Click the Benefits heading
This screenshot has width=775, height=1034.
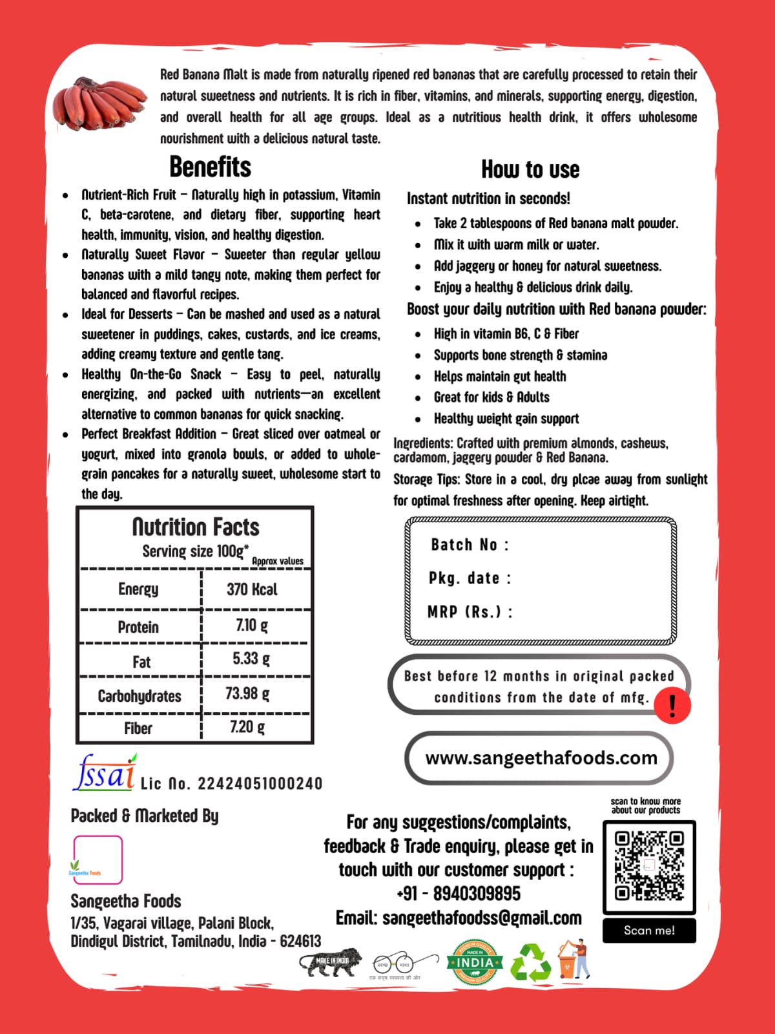[x=210, y=167]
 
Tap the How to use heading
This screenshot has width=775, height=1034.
[x=530, y=170]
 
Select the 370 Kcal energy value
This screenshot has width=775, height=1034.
[x=252, y=589]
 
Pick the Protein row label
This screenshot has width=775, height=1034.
[x=138, y=627]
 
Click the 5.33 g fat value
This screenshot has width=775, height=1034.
[x=251, y=659]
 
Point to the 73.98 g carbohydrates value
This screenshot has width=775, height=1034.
[x=247, y=693]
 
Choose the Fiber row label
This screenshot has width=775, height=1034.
[x=138, y=728]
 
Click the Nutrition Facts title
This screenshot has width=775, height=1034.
[x=196, y=527]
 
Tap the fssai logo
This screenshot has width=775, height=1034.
[x=105, y=773]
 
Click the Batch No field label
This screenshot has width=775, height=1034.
[x=470, y=545]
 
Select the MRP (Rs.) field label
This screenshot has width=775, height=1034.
[x=470, y=611]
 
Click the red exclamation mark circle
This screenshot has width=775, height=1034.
[x=672, y=705]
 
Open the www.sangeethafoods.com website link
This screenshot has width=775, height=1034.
[x=541, y=757]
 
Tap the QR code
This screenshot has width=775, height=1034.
[x=649, y=866]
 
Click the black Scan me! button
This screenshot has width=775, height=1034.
[x=649, y=931]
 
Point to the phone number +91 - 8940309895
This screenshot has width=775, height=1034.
[x=459, y=894]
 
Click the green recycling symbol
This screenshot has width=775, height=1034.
[x=530, y=963]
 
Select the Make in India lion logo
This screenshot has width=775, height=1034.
[x=331, y=962]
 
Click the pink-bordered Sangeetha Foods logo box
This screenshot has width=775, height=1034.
[x=98, y=860]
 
